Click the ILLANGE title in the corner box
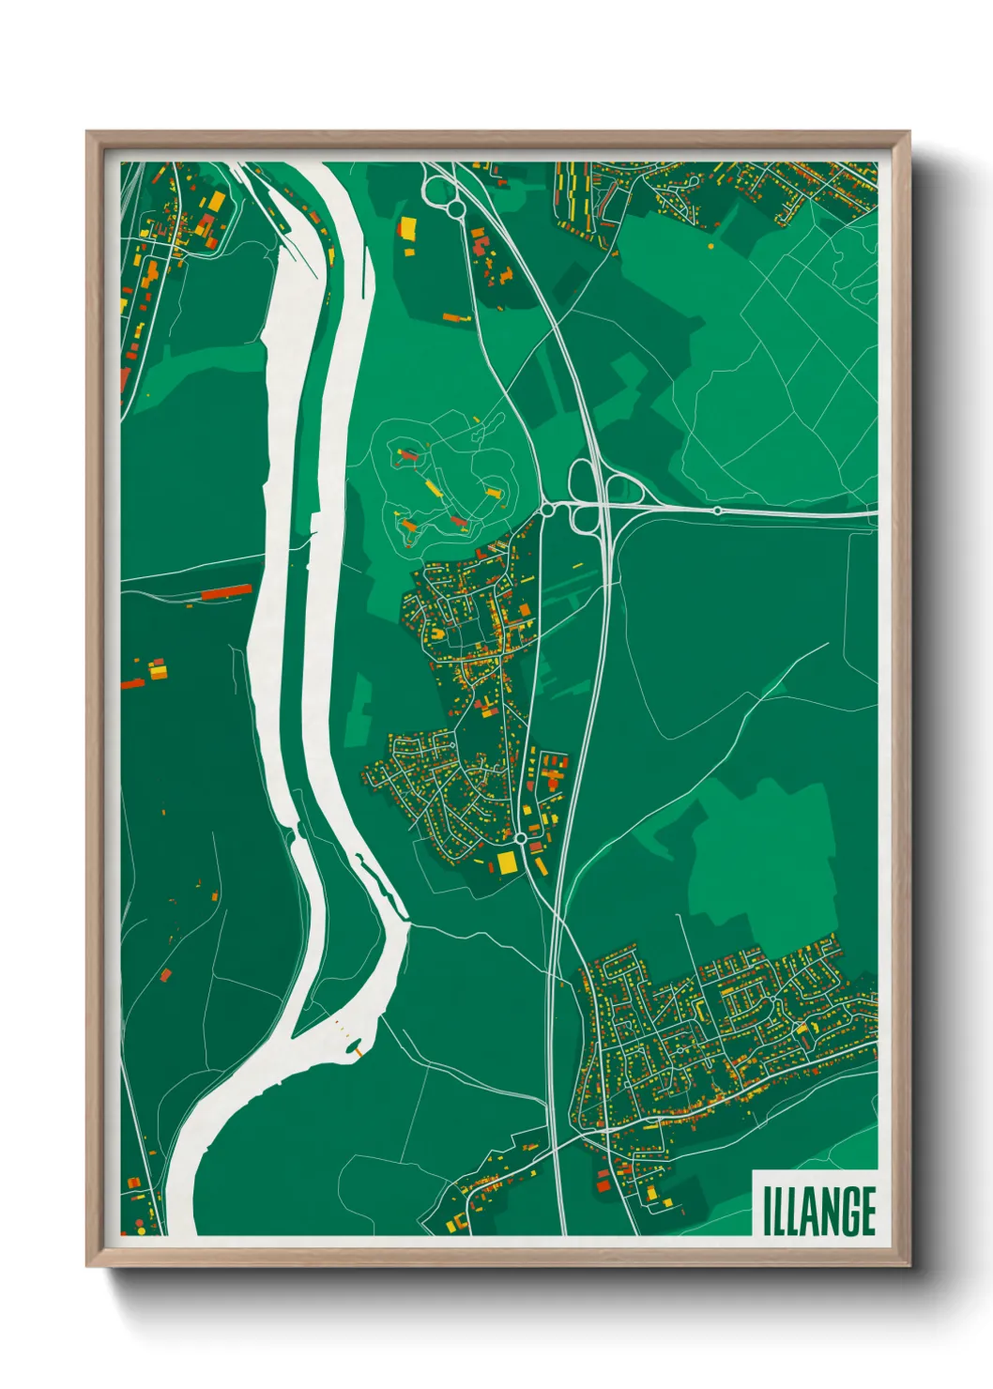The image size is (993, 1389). (818, 1211)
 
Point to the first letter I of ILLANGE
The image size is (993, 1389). (767, 1211)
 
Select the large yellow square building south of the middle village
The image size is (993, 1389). (507, 862)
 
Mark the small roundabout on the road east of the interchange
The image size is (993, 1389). (717, 511)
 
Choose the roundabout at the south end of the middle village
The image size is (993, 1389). (520, 837)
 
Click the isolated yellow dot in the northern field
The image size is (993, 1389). (710, 246)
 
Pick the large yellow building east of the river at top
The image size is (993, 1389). (407, 228)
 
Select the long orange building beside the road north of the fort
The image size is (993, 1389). (457, 319)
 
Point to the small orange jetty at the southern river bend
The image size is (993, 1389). (358, 1050)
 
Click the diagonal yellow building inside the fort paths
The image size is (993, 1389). (433, 486)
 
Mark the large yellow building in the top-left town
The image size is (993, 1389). (216, 202)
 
